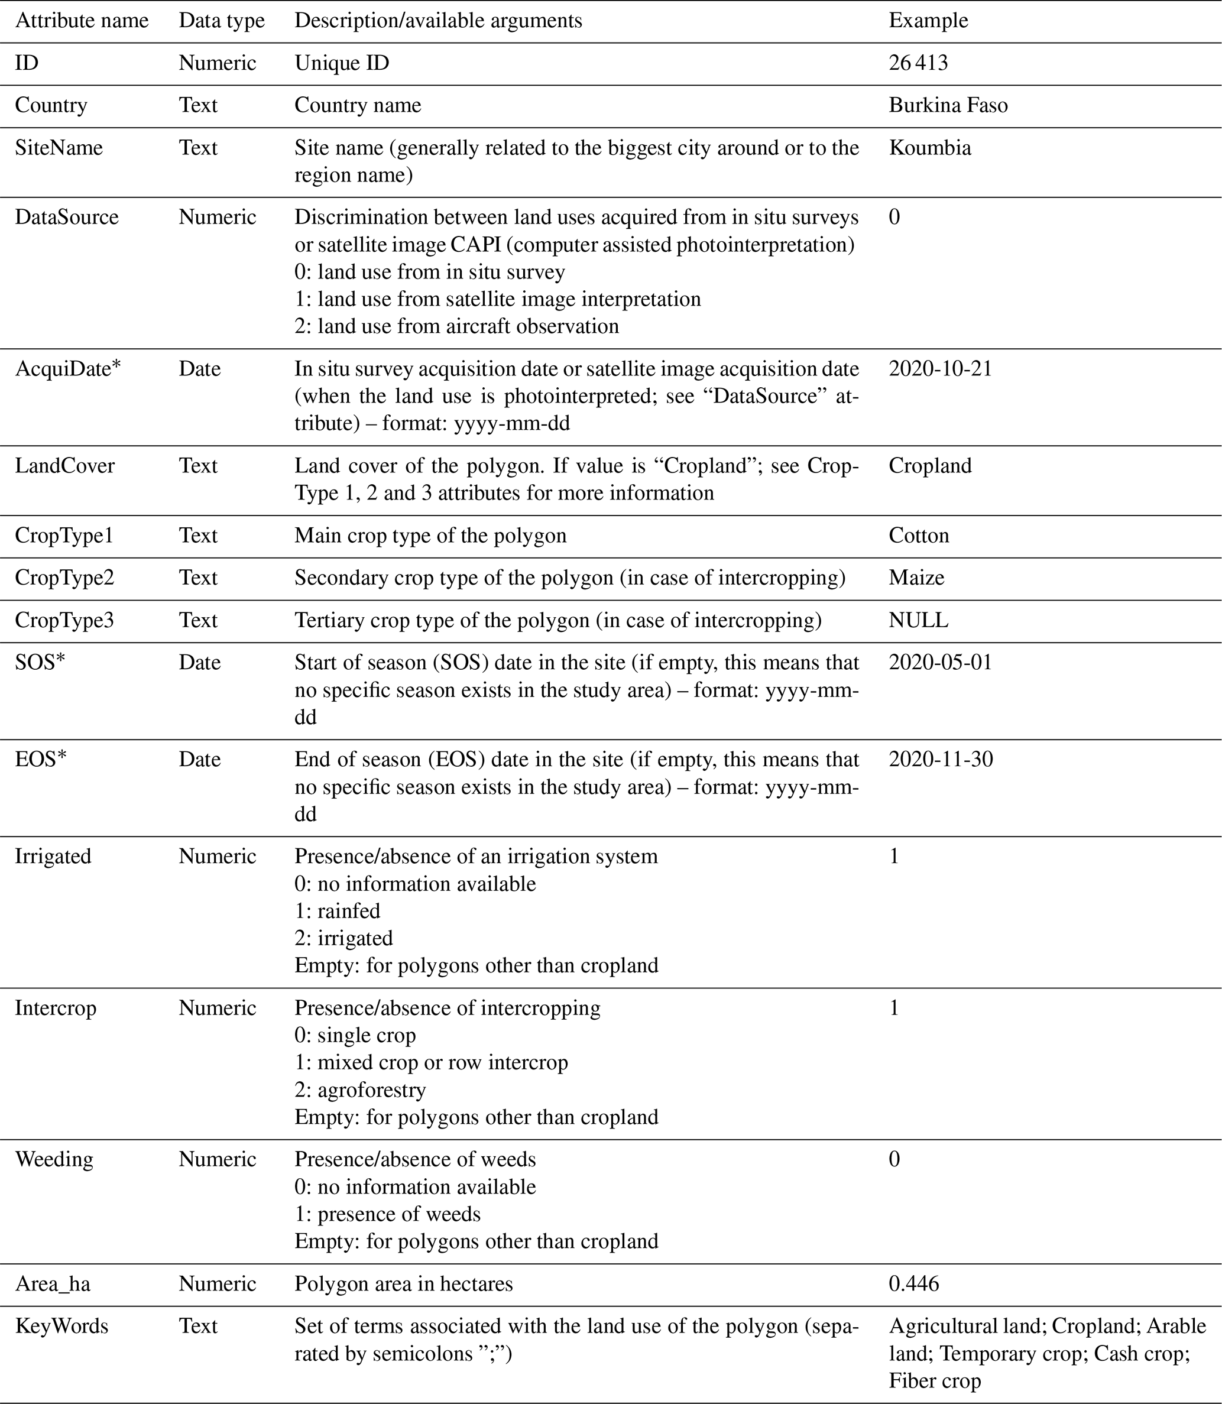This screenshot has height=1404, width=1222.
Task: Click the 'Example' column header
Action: [x=928, y=21]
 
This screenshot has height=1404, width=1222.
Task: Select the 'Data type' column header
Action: [x=221, y=21]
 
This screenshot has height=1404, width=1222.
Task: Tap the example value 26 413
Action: [x=918, y=63]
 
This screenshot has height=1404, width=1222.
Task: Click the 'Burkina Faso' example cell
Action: [x=948, y=105]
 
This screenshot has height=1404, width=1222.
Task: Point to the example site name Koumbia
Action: [x=929, y=147]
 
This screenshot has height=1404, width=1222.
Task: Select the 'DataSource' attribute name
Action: [x=67, y=217]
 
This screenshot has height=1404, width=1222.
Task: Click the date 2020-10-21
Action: [x=941, y=368]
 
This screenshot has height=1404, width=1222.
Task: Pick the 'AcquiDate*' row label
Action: [x=68, y=368]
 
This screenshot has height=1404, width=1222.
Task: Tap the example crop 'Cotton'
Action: [x=919, y=535]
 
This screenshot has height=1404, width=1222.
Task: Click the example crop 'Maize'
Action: [x=916, y=578]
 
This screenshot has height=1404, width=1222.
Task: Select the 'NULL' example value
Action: [x=918, y=620]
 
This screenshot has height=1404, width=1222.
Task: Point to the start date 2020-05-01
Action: [x=941, y=662]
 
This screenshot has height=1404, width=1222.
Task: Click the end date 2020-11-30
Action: [x=941, y=759]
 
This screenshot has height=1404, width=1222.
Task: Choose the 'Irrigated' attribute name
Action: [x=53, y=856]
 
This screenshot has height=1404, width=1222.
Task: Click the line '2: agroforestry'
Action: [x=360, y=1089]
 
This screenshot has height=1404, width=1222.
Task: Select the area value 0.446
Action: [x=914, y=1283]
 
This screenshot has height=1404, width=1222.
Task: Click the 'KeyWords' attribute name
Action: [x=62, y=1325]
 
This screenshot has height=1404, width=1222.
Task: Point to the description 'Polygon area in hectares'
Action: [x=403, y=1283]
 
